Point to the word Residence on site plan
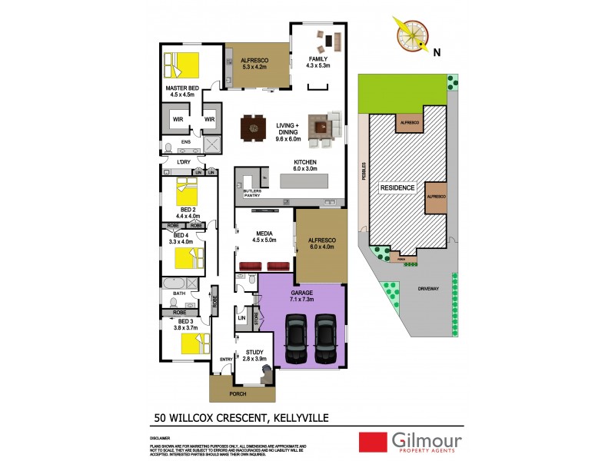[397, 187]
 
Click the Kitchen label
[305, 162]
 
